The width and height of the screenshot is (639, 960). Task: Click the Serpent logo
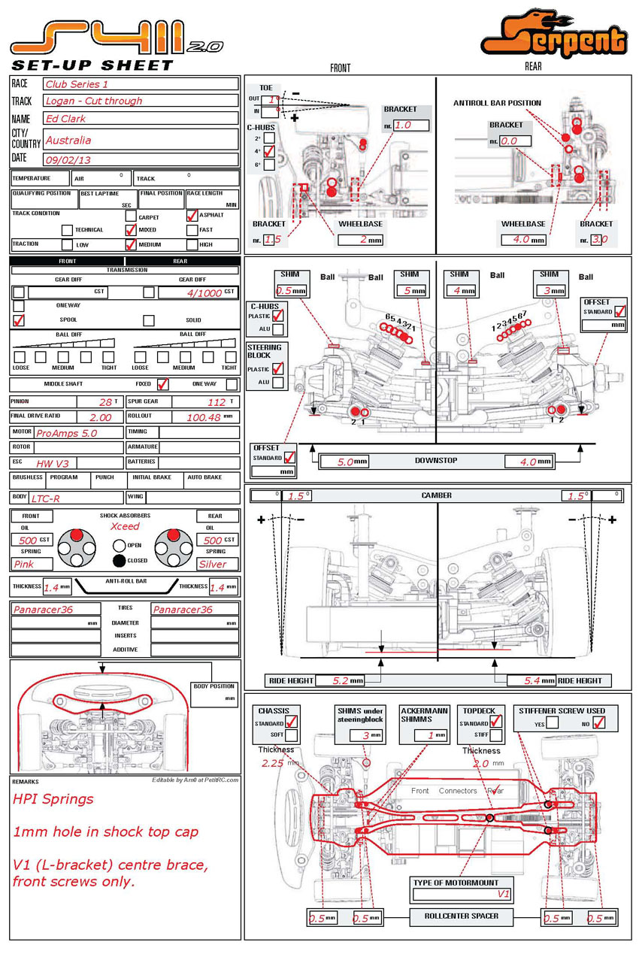[x=554, y=36]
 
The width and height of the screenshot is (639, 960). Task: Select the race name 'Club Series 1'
[x=77, y=84]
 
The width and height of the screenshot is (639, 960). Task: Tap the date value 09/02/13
[x=68, y=159]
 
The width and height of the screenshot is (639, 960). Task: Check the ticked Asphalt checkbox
[x=192, y=215]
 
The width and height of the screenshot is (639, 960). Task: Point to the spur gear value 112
[x=217, y=402]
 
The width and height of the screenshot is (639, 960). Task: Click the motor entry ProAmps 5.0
[x=67, y=433]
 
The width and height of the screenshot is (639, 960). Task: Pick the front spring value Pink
[x=24, y=564]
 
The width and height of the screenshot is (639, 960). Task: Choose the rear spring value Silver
[x=213, y=564]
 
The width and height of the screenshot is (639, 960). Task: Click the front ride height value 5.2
[x=340, y=680]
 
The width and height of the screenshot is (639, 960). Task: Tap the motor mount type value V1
[x=504, y=894]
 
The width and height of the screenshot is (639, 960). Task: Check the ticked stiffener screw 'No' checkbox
[x=599, y=723]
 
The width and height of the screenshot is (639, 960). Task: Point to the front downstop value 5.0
[x=345, y=462]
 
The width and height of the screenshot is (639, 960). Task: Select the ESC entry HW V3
[x=52, y=463]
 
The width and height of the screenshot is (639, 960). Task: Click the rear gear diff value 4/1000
[x=204, y=292]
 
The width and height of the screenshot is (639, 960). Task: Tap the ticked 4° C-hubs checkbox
[x=269, y=152]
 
